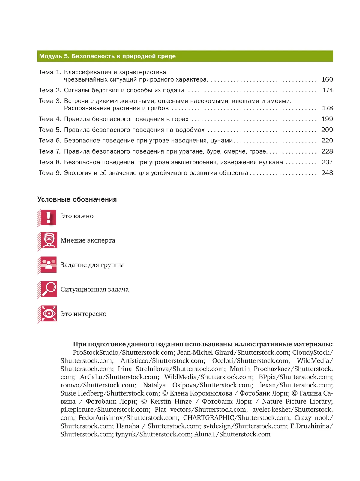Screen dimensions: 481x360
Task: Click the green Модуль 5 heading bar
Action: pos(185,56)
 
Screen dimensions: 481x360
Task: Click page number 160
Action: pos(327,79)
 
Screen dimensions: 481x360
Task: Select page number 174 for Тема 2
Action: pos(327,90)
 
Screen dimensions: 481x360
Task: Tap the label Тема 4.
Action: pos(50,119)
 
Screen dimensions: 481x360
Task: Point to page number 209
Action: pos(327,130)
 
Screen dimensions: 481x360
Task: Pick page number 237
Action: pos(327,162)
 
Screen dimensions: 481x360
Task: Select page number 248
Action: pos(327,173)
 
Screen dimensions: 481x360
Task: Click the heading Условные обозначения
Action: pos(77,199)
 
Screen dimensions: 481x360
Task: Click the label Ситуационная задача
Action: pos(94,290)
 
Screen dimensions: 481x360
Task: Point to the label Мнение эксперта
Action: pos(88,240)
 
